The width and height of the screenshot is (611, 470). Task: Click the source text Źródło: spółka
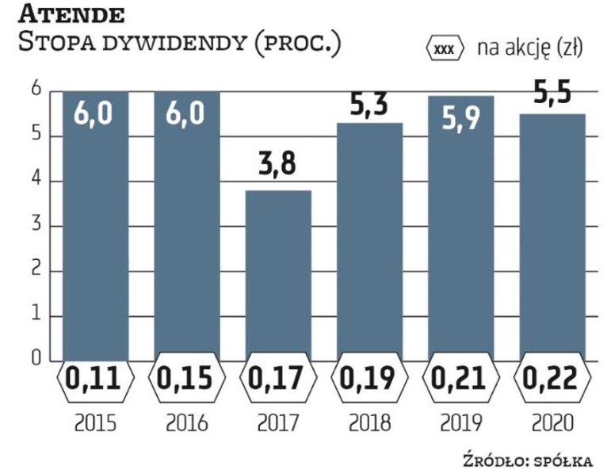pos(537,459)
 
